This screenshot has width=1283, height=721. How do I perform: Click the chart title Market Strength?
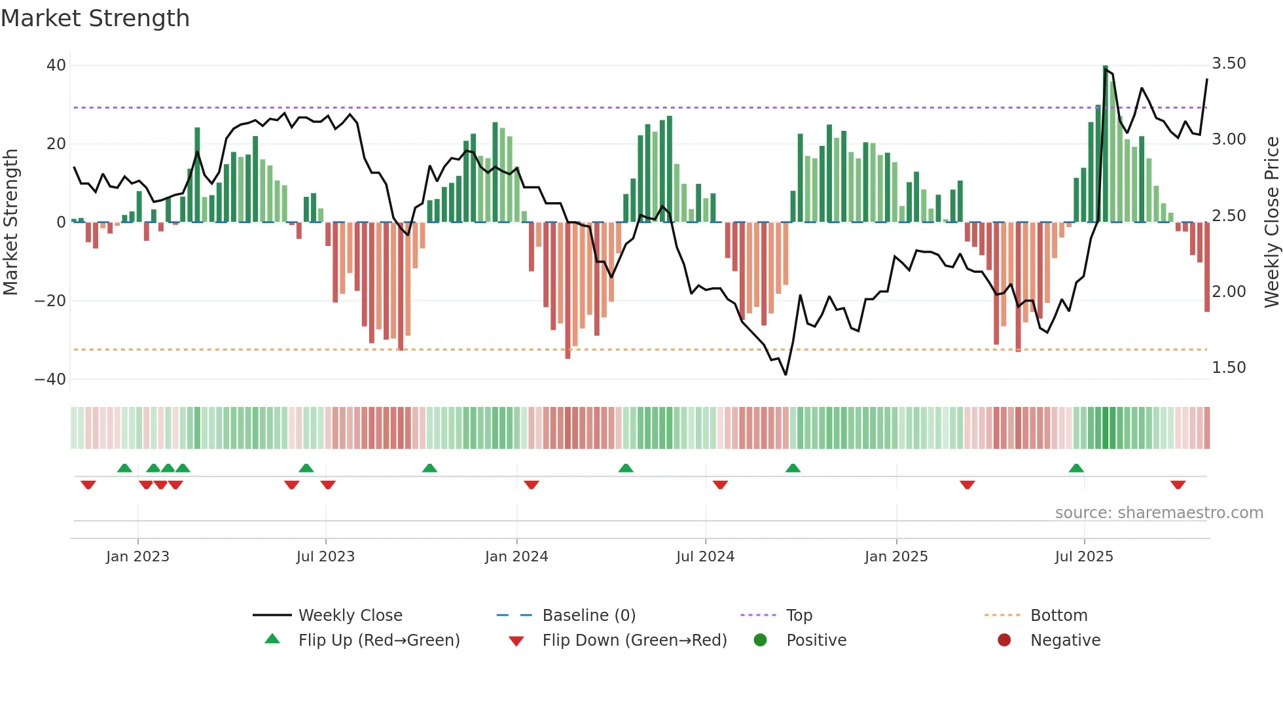tap(95, 18)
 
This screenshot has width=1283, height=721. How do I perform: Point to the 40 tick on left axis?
tap(56, 65)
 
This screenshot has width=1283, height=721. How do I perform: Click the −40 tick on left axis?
tap(50, 379)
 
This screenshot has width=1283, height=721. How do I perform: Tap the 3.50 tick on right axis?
tap(1229, 63)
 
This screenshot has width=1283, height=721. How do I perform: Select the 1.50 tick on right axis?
tap(1229, 368)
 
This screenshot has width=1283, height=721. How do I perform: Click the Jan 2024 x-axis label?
tap(516, 557)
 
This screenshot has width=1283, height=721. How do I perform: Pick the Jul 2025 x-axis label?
tap(1084, 557)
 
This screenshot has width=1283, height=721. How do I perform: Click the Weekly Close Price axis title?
tap(1271, 222)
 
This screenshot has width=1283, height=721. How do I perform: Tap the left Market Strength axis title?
tap(11, 222)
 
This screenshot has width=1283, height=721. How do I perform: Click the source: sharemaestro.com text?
tap(1159, 513)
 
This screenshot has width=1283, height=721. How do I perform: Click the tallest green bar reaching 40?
tap(1105, 144)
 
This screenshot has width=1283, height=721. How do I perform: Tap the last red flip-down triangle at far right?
tap(1178, 485)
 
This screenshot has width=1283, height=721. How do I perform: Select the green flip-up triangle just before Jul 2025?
tap(1076, 468)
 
